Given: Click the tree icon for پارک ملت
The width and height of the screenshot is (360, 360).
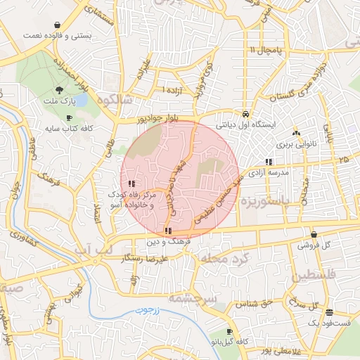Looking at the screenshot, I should click(x=58, y=90).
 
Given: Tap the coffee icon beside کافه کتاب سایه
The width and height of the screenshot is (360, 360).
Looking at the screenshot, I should click(x=68, y=117).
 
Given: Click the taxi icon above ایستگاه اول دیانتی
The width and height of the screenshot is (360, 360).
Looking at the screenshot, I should click(x=244, y=113).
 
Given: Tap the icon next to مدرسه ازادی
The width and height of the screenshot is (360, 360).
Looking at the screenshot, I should click(x=269, y=162).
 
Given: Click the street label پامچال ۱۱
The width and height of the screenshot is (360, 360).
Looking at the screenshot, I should click(x=264, y=50).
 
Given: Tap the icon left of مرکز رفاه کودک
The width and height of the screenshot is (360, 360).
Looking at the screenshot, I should click(x=133, y=184).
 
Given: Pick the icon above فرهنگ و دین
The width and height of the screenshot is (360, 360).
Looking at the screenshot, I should click(x=167, y=231).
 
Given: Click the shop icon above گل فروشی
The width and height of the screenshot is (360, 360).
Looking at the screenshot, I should click(x=313, y=235).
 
